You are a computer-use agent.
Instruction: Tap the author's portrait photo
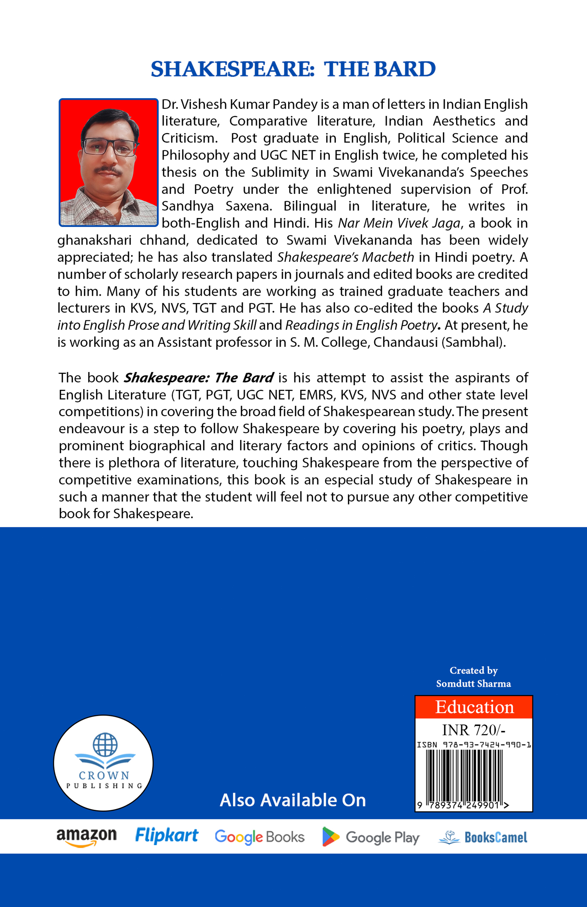pos(108,162)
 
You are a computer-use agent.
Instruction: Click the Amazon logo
pos(86,837)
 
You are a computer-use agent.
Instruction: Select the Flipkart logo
pos(167,836)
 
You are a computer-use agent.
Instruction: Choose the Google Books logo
pos(259,837)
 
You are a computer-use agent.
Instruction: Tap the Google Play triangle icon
pos(330,837)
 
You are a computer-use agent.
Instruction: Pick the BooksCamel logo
pos(483,837)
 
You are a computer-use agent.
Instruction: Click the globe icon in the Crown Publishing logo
pos(105,744)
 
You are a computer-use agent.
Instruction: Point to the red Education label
pos(474,707)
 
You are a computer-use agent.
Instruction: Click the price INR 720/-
pos(473,730)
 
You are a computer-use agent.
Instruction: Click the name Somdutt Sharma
pos(473,684)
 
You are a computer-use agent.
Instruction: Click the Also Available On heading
pos(293,800)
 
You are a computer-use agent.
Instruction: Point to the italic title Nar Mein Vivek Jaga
pos(399,223)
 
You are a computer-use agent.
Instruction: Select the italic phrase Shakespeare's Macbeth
pos(345,257)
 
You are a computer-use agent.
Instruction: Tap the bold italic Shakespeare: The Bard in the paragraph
pos(199,378)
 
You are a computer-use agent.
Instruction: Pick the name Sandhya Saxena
pos(217,206)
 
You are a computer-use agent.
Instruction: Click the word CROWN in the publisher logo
pos(104,775)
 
